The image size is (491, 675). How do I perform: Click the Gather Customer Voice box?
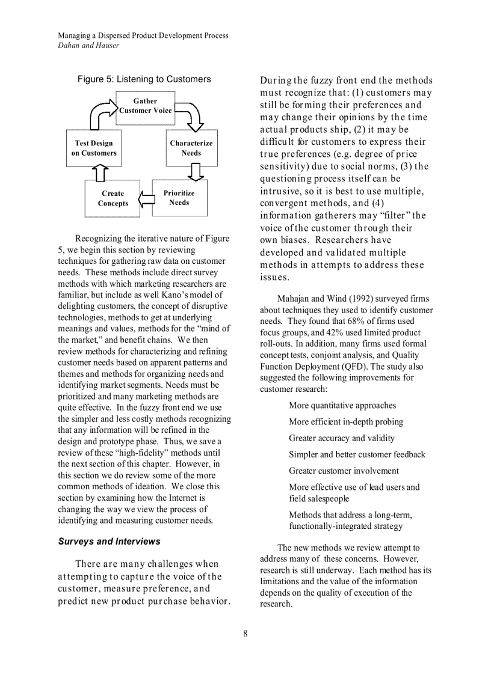click(145, 108)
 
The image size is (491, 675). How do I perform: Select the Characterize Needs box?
click(191, 148)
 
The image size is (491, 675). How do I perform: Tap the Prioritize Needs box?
click(179, 198)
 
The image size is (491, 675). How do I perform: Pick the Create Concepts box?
click(113, 198)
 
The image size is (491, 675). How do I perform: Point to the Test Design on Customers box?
click(93, 148)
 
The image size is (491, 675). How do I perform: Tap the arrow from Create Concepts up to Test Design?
click(100, 173)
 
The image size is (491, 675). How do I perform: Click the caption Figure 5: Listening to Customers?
click(144, 79)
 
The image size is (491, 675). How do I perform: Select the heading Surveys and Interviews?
click(109, 542)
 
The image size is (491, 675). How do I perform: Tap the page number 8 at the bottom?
click(245, 633)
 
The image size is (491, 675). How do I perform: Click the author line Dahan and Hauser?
click(88, 45)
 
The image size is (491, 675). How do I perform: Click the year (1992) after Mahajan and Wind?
click(358, 299)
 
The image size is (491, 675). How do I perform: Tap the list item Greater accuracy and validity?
click(342, 438)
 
